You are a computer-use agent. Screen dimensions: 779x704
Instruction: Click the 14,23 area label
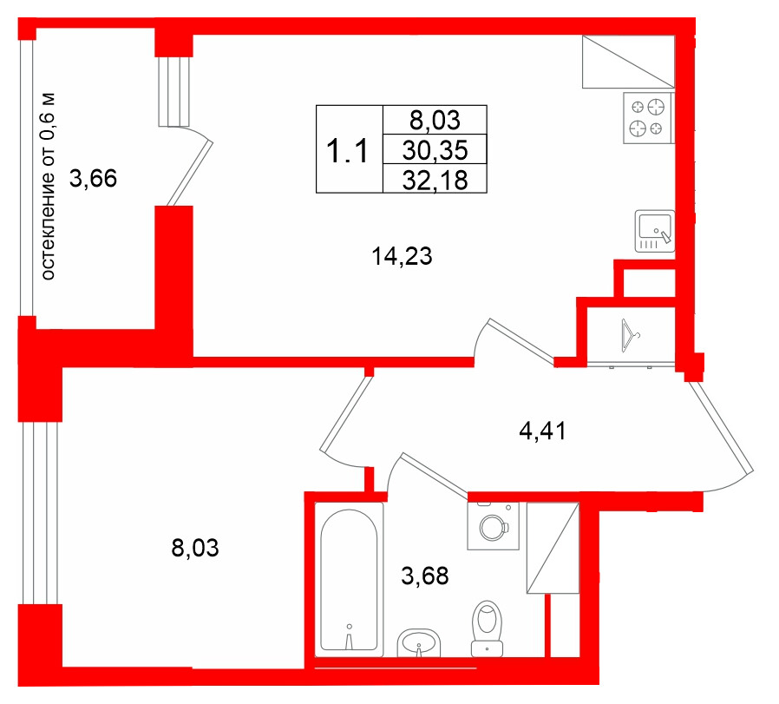[402, 257]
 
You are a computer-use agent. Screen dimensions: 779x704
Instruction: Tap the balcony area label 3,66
[93, 179]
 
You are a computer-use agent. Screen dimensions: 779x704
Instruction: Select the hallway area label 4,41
[542, 431]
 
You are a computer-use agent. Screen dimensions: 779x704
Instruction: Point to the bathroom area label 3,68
[425, 576]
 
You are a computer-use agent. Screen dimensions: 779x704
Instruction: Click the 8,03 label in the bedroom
[194, 548]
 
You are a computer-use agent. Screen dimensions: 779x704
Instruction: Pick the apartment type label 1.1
[347, 151]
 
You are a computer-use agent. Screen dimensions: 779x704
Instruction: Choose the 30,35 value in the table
[435, 150]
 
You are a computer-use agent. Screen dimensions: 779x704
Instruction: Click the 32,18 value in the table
[435, 180]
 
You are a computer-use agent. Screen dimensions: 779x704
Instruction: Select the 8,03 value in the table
[435, 121]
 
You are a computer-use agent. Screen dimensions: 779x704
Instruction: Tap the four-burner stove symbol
[648, 118]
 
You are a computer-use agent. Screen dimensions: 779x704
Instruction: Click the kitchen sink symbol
[654, 231]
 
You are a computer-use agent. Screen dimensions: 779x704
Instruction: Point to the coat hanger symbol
[630, 336]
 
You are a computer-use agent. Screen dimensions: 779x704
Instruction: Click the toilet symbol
[487, 628]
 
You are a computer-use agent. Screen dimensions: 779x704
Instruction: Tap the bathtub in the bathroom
[350, 579]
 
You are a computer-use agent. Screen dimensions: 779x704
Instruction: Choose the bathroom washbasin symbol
[419, 642]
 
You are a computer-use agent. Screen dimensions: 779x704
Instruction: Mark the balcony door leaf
[190, 173]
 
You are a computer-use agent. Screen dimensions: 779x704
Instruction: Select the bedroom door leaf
[346, 414]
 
